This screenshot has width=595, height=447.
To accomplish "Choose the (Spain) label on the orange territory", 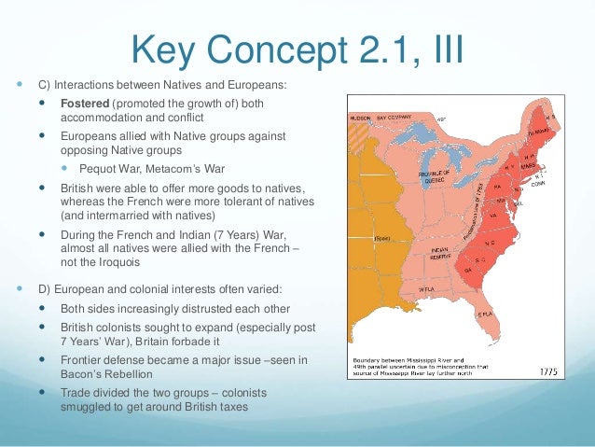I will tap(381, 239).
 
